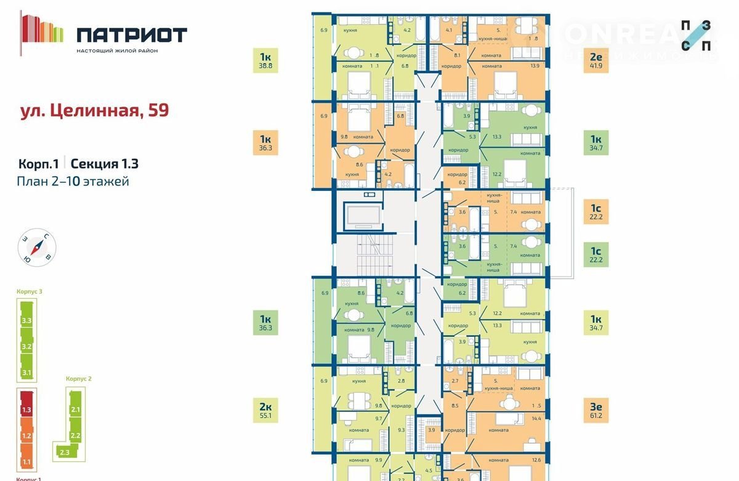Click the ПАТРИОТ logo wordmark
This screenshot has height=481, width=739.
coord(132,34)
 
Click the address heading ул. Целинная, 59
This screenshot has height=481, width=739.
coord(94,111)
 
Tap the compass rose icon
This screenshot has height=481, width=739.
coord(37,248)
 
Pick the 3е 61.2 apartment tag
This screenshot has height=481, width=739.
coord(596,411)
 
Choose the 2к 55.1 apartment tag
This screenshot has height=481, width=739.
coord(265,411)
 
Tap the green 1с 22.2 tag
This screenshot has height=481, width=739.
coord(596,254)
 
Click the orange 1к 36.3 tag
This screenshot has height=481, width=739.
coord(265,143)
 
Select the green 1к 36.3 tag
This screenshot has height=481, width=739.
coord(265,324)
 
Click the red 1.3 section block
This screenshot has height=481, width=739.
coord(26,410)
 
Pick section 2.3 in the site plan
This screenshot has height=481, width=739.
coord(64,453)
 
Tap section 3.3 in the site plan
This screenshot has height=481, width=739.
coord(26,320)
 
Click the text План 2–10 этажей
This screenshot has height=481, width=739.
coord(73,182)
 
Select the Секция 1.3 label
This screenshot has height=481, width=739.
coord(104,164)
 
